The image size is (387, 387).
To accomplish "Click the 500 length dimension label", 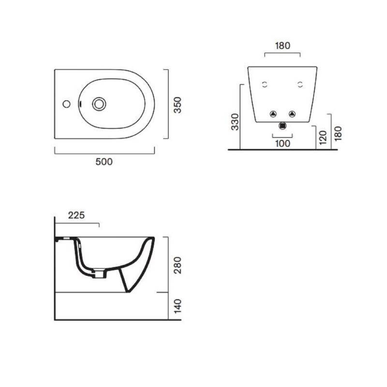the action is [x=104, y=162].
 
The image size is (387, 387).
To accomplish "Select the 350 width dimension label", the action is [x=178, y=105].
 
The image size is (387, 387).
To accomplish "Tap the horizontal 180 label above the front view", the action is [x=283, y=45].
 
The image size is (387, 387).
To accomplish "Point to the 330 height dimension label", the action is [x=235, y=122].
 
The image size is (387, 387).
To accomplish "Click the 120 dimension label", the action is [x=323, y=137].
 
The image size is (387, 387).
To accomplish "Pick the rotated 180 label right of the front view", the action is [x=338, y=134].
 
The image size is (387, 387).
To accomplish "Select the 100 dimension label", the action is [x=283, y=143].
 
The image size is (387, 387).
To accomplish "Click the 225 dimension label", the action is [x=76, y=215].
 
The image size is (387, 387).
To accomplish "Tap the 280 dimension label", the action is [x=178, y=265].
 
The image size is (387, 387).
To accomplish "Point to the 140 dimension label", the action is [x=178, y=306].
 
